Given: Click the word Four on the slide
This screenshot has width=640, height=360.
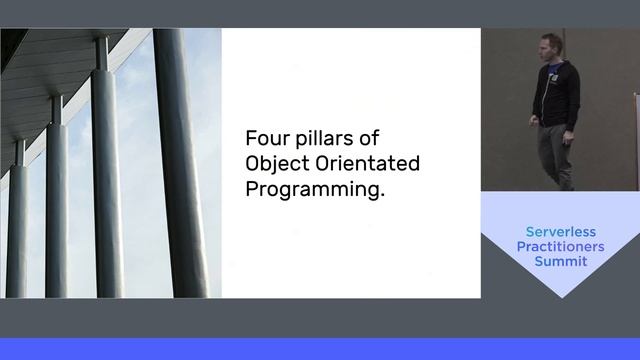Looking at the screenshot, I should (265, 137).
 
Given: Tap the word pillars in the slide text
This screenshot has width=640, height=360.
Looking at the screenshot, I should (321, 137).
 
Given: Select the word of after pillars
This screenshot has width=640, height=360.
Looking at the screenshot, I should (369, 137).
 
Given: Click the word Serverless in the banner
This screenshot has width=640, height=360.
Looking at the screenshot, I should (560, 230).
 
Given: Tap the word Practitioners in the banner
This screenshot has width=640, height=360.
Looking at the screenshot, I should (560, 246).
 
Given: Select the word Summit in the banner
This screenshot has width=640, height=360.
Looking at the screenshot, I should (560, 262).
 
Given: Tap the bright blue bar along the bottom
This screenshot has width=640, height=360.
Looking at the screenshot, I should (320, 349).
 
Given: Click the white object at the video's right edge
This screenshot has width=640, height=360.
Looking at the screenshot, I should (636, 140).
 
